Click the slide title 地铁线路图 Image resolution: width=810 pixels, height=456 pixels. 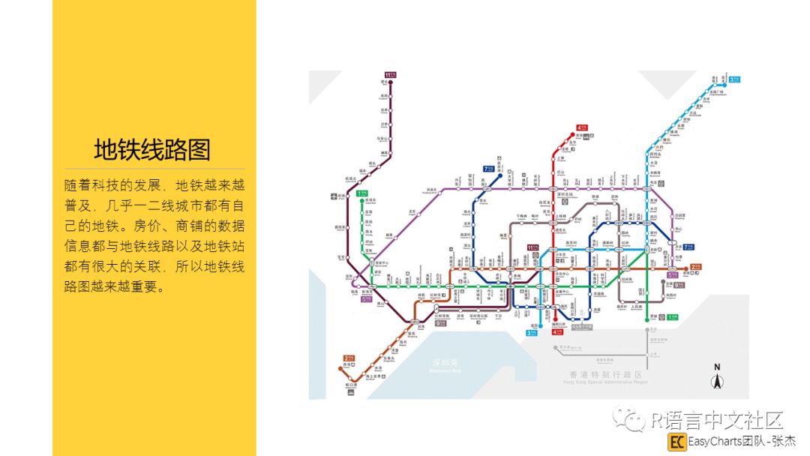(152, 149)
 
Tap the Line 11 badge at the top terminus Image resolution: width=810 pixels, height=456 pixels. (390, 74)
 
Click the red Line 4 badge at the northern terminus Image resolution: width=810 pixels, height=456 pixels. (580, 127)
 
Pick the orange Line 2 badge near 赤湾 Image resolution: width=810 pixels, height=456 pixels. (348, 358)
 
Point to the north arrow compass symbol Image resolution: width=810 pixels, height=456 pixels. (717, 377)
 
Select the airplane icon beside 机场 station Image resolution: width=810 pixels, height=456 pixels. (334, 196)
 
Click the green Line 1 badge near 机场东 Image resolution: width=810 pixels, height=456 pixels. (362, 193)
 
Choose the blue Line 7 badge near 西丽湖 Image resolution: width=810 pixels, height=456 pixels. (489, 169)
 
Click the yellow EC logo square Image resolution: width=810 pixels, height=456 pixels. (677, 442)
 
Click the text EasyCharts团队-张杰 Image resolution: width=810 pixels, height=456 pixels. (742, 442)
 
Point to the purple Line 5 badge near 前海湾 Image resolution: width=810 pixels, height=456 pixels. (367, 299)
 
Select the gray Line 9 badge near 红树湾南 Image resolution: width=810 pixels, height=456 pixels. (441, 323)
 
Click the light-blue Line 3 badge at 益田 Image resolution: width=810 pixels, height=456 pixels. (532, 332)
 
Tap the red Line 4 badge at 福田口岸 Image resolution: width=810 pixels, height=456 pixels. (556, 331)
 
